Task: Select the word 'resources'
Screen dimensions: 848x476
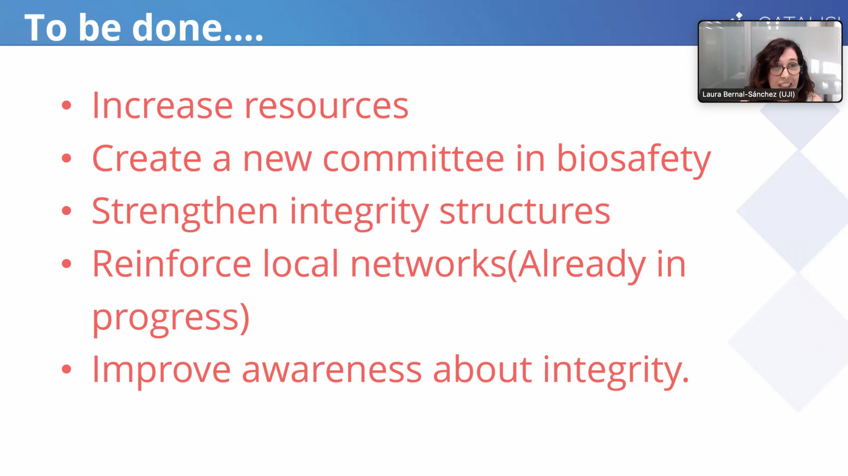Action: [327, 106]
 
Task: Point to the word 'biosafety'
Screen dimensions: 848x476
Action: [634, 161]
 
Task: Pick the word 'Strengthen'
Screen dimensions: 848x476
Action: [185, 212]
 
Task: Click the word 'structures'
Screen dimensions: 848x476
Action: [525, 212]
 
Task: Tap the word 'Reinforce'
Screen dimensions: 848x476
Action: [172, 264]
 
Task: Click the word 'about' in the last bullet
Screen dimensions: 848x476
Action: [482, 369]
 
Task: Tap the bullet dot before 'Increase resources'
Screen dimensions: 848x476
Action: [67, 105]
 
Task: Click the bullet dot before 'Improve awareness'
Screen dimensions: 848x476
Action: [67, 369]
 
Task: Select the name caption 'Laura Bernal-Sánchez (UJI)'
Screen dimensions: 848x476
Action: [748, 94]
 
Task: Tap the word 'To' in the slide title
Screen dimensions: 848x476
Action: [46, 28]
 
